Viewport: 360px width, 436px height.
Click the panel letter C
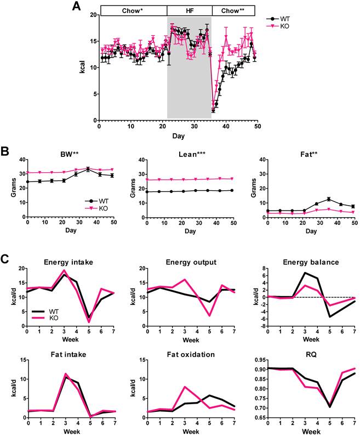tap(7, 259)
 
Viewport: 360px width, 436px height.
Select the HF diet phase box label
tap(189, 10)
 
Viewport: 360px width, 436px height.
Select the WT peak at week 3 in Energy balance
tap(305, 273)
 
